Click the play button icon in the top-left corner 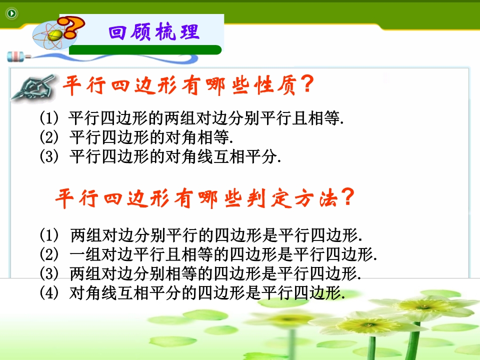11,13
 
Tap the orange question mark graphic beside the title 71,27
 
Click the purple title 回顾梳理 153,32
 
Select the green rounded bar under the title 145,49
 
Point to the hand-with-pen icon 33,87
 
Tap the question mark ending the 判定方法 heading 348,197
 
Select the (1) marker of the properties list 49,118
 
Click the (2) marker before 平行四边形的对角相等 49,137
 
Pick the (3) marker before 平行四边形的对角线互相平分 49,156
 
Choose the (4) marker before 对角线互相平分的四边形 49,293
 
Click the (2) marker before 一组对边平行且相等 49,254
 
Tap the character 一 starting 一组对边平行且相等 77,254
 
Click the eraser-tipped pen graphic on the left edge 19,56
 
